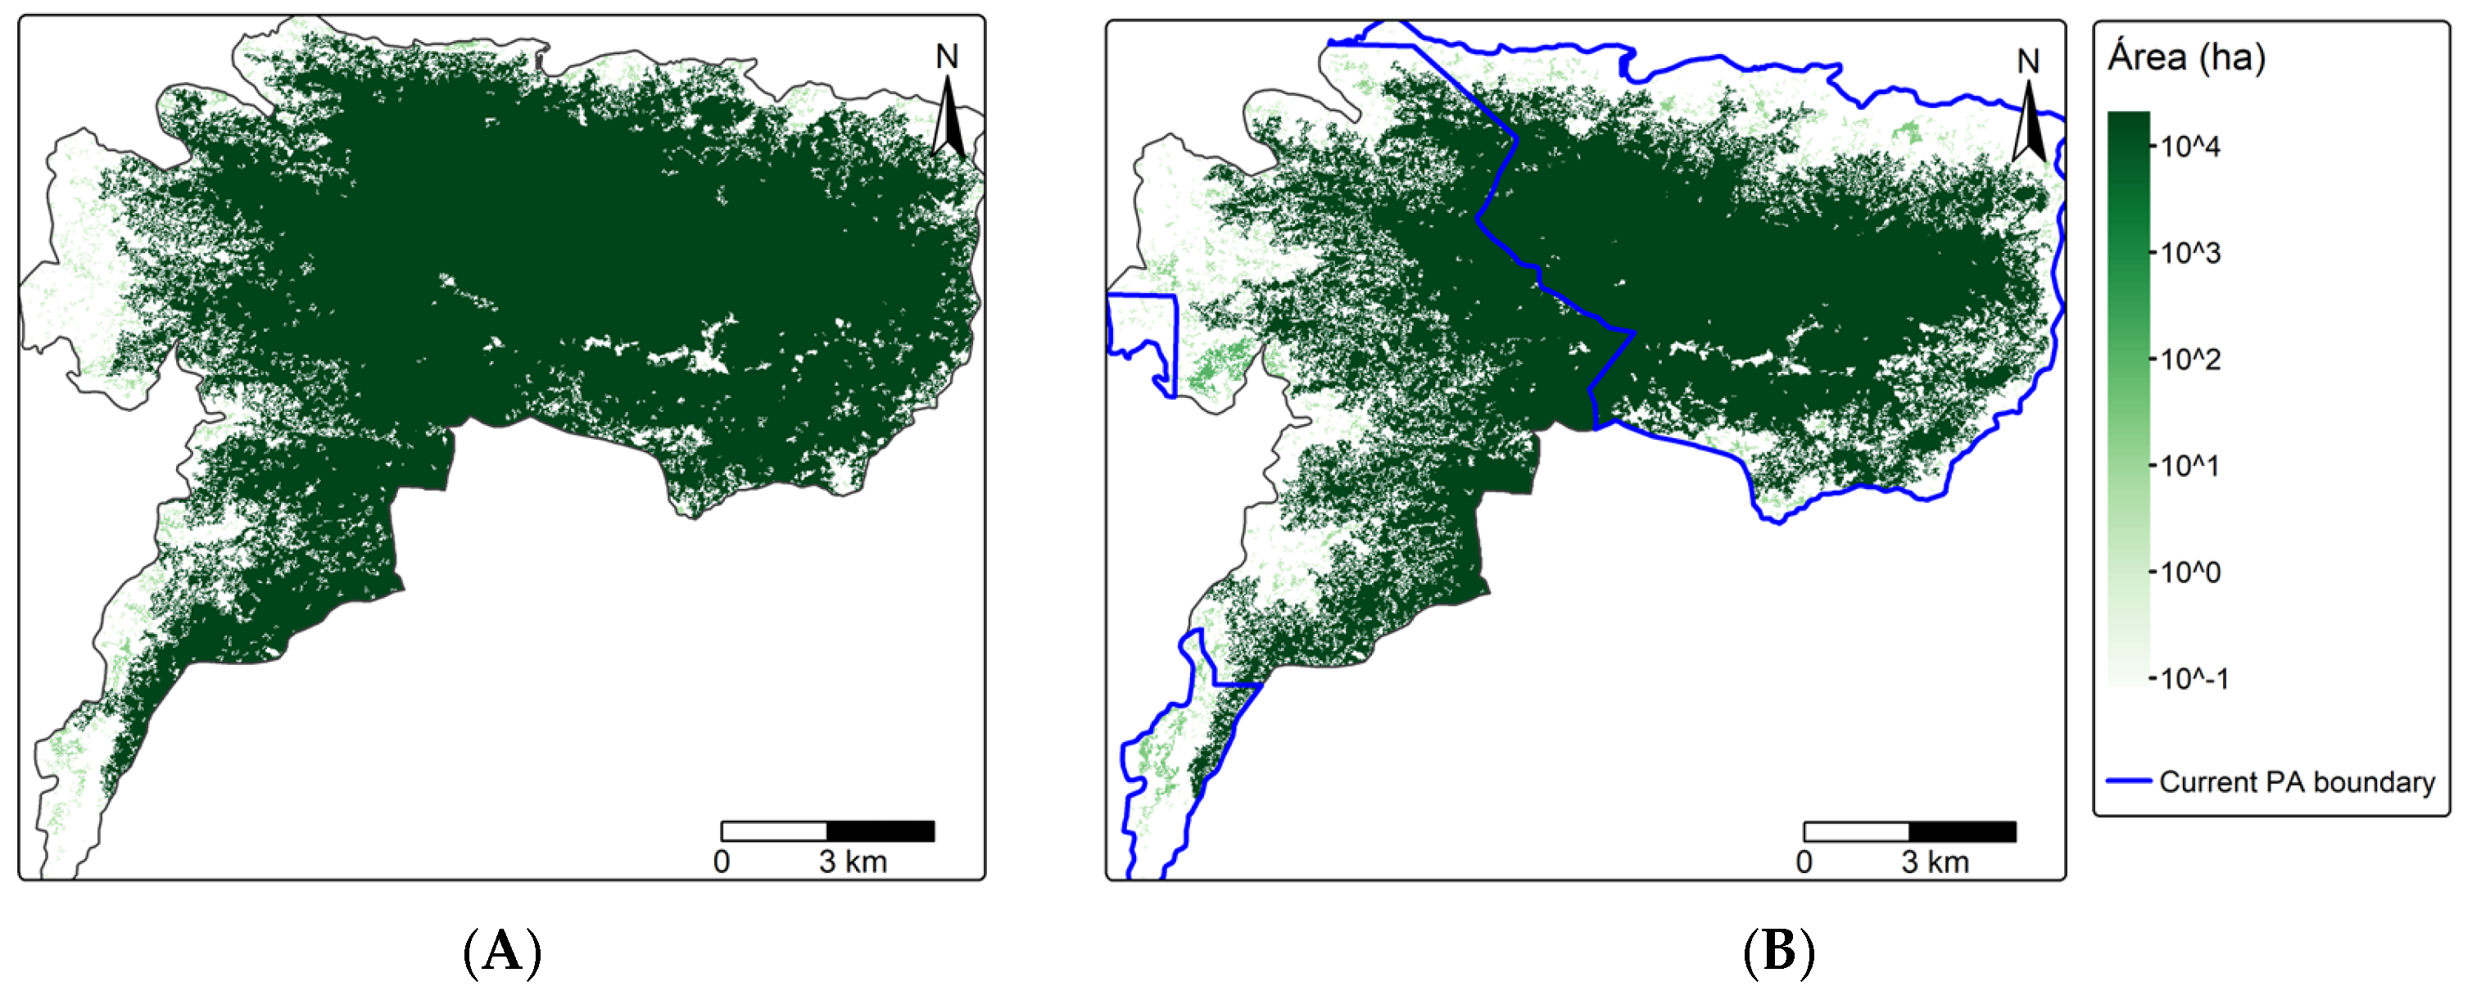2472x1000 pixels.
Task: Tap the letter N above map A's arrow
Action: pos(947,57)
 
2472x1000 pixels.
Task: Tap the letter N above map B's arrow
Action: pos(2028,62)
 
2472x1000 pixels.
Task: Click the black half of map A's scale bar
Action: pos(880,831)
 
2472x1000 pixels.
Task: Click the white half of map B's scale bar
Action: pos(1856,831)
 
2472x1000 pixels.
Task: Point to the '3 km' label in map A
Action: pos(852,862)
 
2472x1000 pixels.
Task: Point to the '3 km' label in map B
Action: pos(1935,862)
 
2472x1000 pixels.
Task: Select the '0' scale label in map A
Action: pos(722,862)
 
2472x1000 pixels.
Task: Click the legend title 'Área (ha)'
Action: pos(2186,57)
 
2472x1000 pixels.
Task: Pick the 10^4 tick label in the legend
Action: pos(2190,147)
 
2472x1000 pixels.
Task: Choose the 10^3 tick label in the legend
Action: pos(2190,253)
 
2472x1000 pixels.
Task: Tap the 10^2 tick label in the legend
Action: pos(2190,360)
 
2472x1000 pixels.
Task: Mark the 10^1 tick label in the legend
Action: pos(2190,466)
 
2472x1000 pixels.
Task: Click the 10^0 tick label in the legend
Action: pos(2190,573)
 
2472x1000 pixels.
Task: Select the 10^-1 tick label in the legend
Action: pos(2194,680)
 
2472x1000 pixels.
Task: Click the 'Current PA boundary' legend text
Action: pos(2297,782)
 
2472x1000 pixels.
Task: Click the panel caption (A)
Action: pos(503,953)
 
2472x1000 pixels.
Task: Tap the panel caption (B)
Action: pos(1778,953)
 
